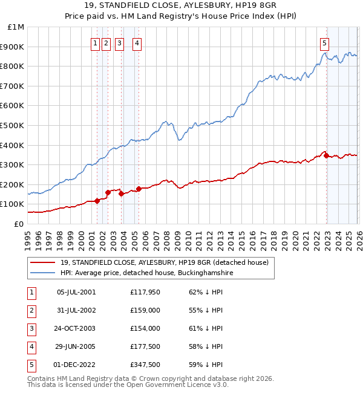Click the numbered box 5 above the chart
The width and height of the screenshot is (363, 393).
pyautogui.click(x=325, y=43)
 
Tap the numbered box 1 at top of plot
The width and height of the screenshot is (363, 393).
pyautogui.click(x=96, y=43)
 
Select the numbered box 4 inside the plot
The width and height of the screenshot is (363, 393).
pyautogui.click(x=137, y=43)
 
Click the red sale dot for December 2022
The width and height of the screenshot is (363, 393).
pyautogui.click(x=327, y=155)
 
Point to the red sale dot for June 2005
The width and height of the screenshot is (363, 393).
pyautogui.click(x=139, y=189)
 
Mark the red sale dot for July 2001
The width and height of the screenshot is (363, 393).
pyautogui.click(x=97, y=201)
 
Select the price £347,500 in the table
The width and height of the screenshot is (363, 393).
pyautogui.click(x=145, y=364)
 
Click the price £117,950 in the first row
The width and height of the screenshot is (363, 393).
pyautogui.click(x=145, y=291)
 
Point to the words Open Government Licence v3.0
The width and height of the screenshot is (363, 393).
pyautogui.click(x=175, y=384)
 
